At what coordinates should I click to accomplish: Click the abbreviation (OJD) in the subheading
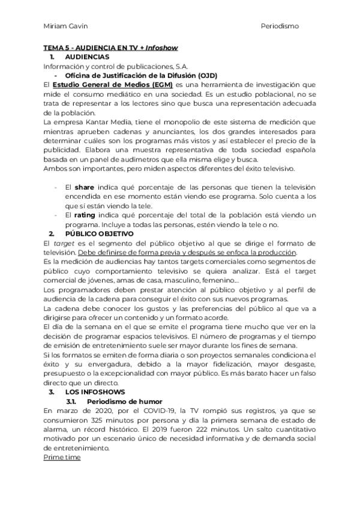point(205,75)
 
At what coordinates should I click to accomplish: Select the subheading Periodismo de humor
point(124,400)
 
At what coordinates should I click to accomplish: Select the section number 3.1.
point(70,400)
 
